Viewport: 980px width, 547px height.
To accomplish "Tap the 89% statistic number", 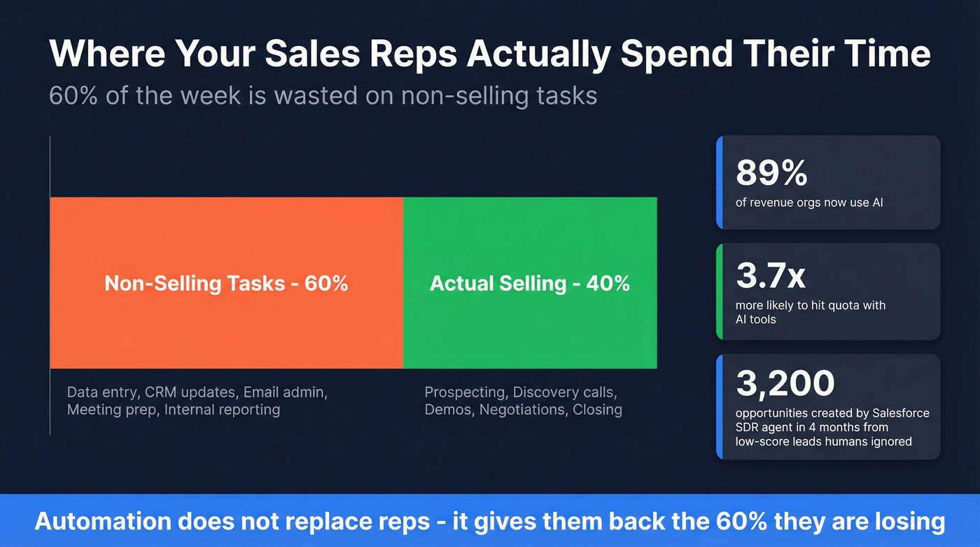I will (x=771, y=172).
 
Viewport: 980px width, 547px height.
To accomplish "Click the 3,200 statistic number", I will (x=785, y=383).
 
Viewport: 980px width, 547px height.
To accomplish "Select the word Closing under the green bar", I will (x=597, y=410).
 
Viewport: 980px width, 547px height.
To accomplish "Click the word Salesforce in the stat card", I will (x=899, y=413).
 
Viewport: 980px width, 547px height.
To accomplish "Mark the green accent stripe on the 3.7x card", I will (x=719, y=291).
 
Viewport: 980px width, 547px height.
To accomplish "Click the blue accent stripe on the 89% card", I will (x=719, y=182).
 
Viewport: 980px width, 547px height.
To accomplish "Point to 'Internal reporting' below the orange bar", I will (x=222, y=410).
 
